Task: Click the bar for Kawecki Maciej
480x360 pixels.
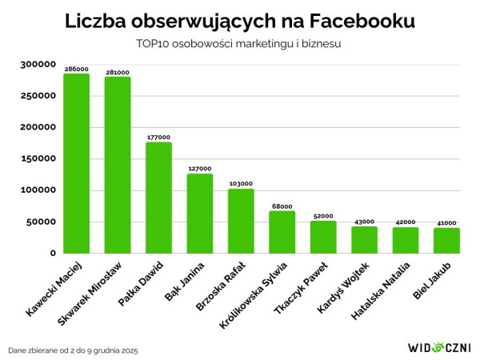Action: pos(76,164)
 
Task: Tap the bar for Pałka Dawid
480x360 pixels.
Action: pos(158,198)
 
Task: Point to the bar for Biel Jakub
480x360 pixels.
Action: pos(446,240)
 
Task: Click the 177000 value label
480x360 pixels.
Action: pos(158,138)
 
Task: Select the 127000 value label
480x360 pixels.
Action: pos(199,169)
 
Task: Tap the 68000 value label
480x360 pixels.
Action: pos(282,206)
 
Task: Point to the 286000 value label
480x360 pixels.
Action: pos(76,70)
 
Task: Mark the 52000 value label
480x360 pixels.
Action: pos(323,216)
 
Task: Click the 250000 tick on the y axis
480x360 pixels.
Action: pos(37,96)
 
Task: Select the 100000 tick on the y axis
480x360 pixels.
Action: pos(37,190)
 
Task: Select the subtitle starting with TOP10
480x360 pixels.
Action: pos(239,44)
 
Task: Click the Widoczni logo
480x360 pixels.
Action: pos(439,348)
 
